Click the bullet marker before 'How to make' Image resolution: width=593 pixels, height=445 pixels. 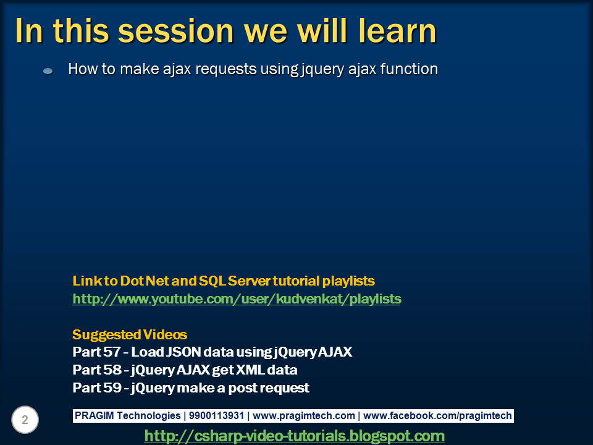pyautogui.click(x=48, y=71)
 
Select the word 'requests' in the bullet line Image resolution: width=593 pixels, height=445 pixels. pyautogui.click(x=223, y=69)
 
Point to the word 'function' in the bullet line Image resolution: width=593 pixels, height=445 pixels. pyautogui.click(x=408, y=69)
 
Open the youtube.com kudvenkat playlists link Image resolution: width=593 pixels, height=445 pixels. pyautogui.click(x=237, y=299)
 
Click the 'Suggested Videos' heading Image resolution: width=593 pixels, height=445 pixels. pyautogui.click(x=129, y=335)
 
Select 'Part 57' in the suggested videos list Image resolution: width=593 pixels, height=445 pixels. pyautogui.click(x=96, y=352)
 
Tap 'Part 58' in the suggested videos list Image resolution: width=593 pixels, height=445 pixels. pyautogui.click(x=96, y=370)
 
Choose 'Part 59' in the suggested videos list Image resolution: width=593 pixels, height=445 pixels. pyautogui.click(x=96, y=388)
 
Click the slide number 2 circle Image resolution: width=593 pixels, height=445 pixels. pyautogui.click(x=25, y=421)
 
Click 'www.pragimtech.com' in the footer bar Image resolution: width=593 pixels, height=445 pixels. pyautogui.click(x=304, y=416)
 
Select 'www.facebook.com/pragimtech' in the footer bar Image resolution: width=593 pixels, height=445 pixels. pyautogui.click(x=439, y=416)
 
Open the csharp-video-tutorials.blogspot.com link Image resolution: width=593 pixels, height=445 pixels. pyautogui.click(x=294, y=436)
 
